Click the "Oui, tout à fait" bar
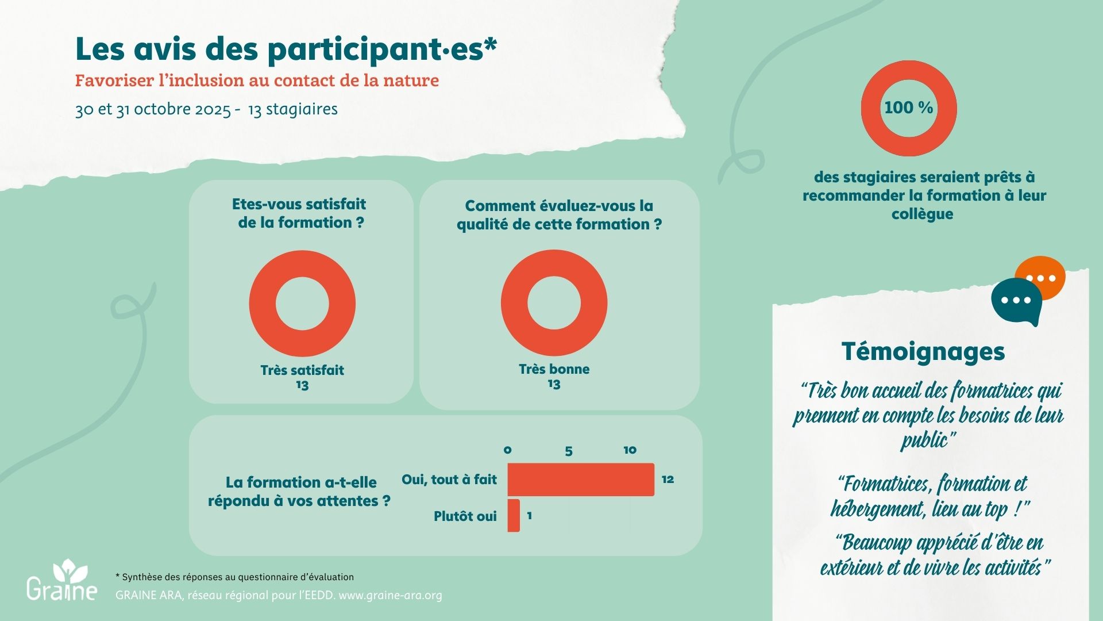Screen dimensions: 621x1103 point(580,479)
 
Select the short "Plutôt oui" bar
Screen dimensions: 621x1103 point(514,516)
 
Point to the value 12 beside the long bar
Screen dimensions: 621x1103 point(668,479)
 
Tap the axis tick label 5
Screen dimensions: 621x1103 point(568,451)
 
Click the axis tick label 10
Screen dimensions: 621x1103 point(630,450)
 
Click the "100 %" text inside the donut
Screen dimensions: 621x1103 point(908,108)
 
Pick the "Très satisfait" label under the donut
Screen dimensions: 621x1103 point(302,370)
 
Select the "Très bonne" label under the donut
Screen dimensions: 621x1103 point(554,369)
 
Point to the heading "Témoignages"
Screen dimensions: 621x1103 point(923,351)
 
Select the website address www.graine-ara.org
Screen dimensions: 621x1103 point(390,595)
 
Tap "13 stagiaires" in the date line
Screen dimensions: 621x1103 point(293,109)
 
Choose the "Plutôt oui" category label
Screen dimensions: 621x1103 point(465,516)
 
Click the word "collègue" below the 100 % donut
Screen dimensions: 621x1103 point(922,214)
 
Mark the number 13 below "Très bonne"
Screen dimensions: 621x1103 point(554,384)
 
